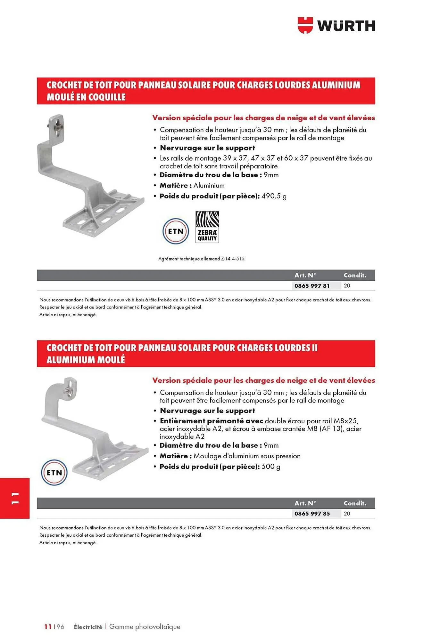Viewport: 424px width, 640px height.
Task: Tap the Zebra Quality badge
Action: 207,227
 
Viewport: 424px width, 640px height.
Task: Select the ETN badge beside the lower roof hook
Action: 54,473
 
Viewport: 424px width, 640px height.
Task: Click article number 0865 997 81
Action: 312,286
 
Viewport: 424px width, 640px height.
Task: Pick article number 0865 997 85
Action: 312,514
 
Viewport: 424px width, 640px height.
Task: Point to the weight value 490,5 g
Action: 274,196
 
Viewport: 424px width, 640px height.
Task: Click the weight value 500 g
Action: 271,467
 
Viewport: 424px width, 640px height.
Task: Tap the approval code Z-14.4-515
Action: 233,259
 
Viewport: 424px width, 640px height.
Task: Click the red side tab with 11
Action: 15,498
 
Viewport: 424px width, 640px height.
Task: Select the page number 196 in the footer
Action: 59,627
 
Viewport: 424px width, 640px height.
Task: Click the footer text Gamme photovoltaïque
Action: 145,627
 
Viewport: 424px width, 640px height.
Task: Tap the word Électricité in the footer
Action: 88,627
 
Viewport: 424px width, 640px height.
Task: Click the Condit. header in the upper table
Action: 355,275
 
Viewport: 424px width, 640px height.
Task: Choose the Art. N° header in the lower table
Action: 305,503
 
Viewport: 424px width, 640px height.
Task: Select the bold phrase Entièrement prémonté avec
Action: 211,421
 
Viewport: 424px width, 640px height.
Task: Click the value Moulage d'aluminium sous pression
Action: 247,456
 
